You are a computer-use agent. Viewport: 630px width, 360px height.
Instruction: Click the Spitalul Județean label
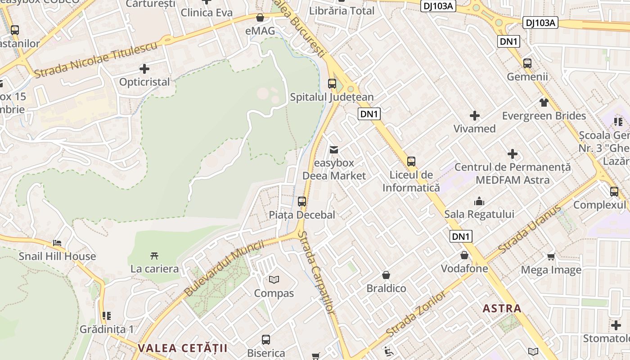click(332, 97)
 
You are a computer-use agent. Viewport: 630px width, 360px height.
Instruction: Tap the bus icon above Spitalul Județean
click(332, 83)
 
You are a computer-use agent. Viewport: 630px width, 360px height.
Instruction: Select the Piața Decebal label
click(302, 215)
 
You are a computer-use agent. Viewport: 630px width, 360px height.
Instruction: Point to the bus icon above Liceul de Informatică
click(411, 161)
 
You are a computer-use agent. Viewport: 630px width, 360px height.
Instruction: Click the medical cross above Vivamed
click(474, 116)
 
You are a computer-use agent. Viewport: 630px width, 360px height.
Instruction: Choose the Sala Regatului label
click(479, 214)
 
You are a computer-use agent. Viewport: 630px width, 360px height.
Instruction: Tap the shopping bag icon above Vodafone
click(464, 255)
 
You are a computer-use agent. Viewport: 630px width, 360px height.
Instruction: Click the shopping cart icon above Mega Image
click(551, 256)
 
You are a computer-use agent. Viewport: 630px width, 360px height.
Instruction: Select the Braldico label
click(386, 288)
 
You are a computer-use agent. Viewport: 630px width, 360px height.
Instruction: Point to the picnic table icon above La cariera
click(154, 256)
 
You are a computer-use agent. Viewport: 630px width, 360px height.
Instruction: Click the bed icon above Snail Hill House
click(57, 243)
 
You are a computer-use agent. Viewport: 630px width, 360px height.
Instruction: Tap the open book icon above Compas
click(274, 280)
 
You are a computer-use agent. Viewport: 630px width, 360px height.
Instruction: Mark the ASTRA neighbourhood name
click(502, 308)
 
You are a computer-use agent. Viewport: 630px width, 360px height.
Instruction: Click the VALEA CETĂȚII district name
click(182, 348)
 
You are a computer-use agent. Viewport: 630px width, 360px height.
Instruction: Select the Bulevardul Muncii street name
click(224, 268)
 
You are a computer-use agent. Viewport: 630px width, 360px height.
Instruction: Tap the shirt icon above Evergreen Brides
click(544, 102)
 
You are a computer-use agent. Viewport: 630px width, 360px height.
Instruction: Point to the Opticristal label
click(144, 82)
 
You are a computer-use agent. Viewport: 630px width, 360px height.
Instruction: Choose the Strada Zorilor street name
click(417, 314)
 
